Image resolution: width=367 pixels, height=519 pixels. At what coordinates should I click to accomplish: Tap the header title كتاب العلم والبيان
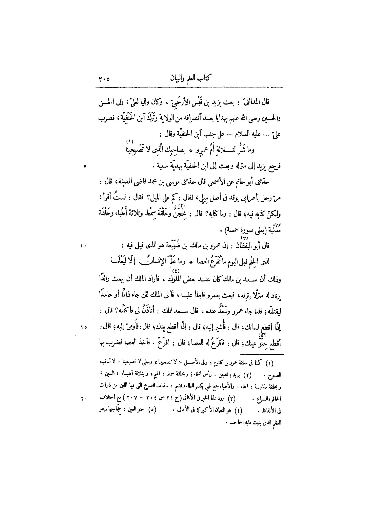tap(191, 78)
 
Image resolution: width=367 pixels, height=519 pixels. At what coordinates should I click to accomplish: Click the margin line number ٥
tap(85, 167)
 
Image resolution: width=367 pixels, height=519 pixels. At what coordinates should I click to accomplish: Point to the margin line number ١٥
tap(84, 327)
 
